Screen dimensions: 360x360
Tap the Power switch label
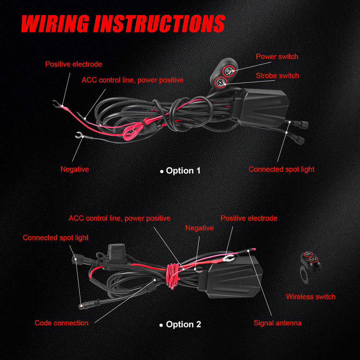pos(277,57)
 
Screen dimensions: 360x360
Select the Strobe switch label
pos(277,76)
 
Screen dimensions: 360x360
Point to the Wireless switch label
pos(310,297)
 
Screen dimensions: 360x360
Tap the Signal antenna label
pos(278,323)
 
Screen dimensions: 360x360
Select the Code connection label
pos(61,323)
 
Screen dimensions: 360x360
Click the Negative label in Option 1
pos(75,169)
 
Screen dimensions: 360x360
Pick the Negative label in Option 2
pos(199,228)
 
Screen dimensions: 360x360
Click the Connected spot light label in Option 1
pos(281,169)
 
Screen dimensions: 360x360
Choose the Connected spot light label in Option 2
pos(55,238)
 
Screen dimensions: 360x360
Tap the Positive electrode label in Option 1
pos(73,64)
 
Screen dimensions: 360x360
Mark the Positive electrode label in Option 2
pos(249,218)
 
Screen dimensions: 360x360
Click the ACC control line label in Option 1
pos(132,80)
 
